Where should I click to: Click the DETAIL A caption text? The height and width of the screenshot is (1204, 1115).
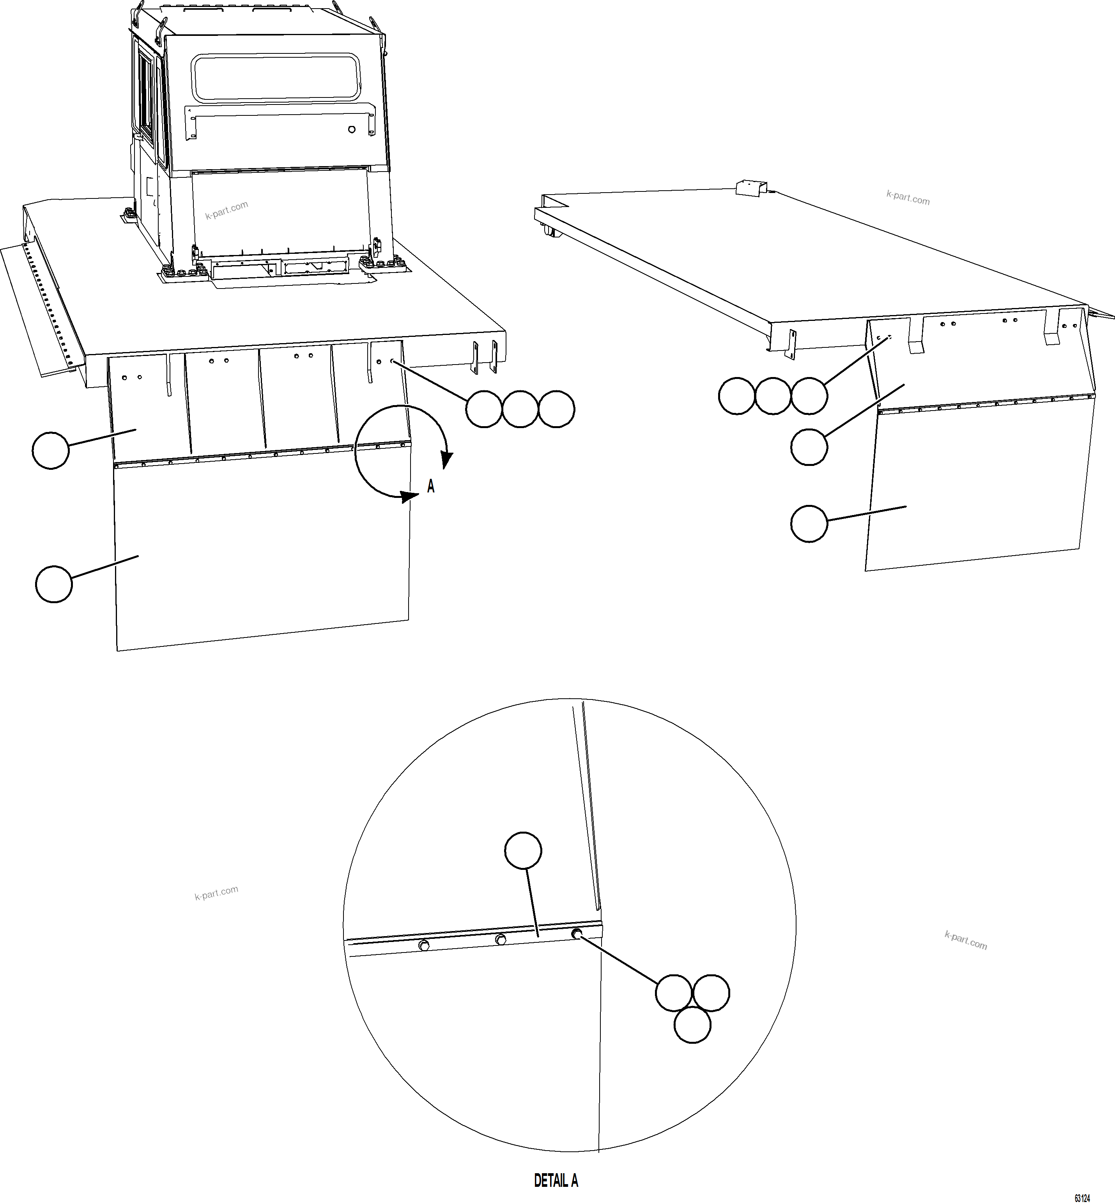556,1181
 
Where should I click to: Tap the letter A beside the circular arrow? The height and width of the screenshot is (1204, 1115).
431,486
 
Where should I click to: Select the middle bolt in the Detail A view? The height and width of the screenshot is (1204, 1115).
500,940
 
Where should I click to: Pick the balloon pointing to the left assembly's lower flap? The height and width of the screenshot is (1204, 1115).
54,584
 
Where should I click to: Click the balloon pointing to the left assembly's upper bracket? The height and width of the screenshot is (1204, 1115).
51,450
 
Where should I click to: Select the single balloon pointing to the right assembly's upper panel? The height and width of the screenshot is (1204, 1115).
809,446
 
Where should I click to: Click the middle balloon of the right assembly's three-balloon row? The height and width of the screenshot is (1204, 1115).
773,396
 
